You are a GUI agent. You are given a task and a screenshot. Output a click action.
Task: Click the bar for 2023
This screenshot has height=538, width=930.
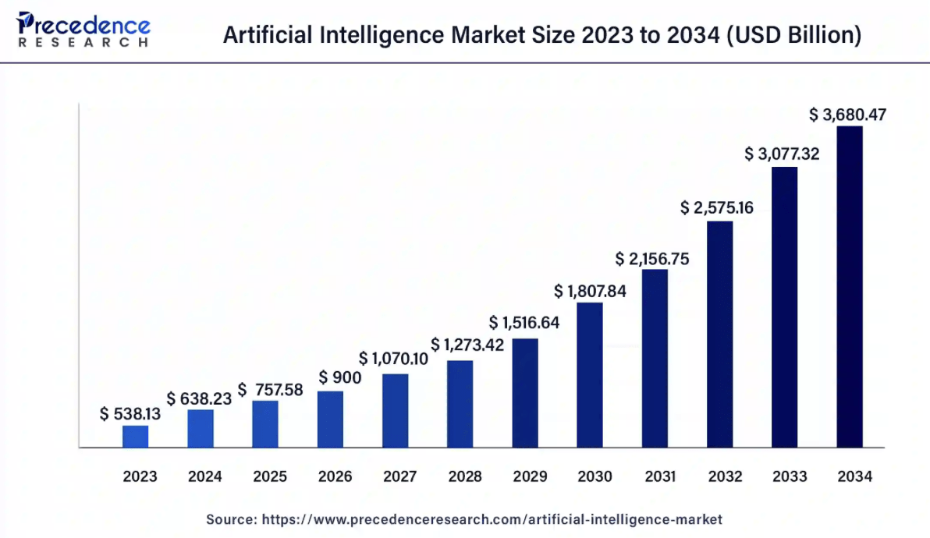(136, 437)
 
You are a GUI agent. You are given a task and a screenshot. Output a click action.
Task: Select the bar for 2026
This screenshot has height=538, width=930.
(330, 419)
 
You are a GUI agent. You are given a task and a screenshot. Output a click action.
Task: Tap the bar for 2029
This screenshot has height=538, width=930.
(525, 393)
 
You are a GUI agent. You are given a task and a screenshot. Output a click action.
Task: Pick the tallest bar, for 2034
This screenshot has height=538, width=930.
(850, 287)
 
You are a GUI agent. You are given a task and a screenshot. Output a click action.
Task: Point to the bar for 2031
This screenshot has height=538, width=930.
(655, 359)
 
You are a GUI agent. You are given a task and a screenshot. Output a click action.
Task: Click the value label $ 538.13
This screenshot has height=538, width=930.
(130, 414)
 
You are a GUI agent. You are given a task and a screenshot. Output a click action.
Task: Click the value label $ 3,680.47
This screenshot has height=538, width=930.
(848, 115)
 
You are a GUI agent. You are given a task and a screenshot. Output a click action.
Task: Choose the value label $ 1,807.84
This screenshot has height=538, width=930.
(591, 291)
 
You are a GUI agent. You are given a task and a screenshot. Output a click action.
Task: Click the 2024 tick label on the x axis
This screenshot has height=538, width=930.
(205, 476)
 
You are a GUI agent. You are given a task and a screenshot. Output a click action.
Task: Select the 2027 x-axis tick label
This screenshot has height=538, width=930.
(400, 476)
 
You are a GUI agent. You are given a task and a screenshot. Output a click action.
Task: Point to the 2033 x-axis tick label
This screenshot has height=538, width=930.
(790, 476)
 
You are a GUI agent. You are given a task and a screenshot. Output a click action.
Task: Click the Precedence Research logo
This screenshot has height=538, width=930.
(83, 29)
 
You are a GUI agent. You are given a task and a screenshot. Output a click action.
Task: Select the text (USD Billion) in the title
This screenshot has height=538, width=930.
(793, 35)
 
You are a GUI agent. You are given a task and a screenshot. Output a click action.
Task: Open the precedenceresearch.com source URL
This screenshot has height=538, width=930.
(492, 519)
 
